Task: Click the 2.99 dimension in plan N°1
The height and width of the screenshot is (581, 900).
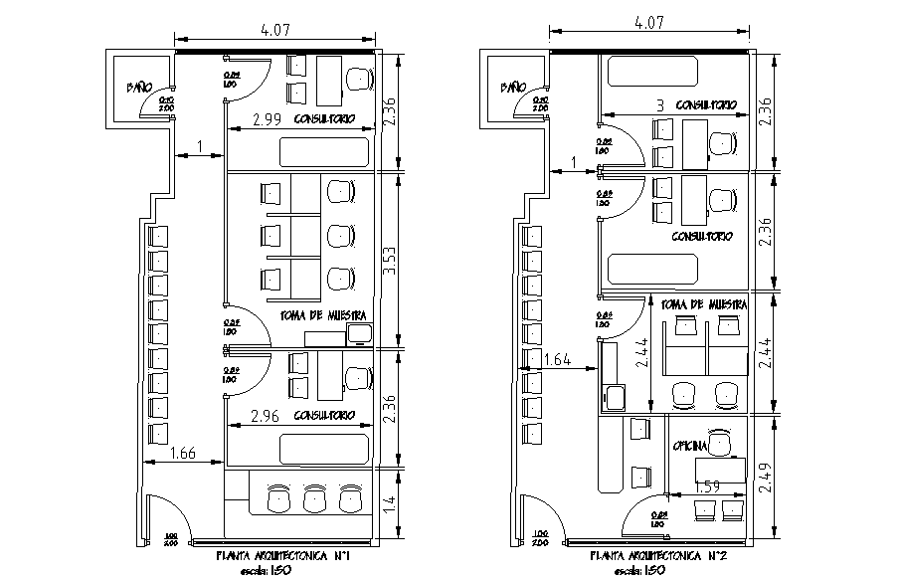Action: coord(265,119)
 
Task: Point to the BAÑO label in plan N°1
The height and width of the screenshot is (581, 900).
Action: coord(137,88)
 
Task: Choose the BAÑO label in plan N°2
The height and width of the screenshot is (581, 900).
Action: coord(512,88)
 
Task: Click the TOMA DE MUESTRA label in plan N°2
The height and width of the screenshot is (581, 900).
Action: coord(703,303)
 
